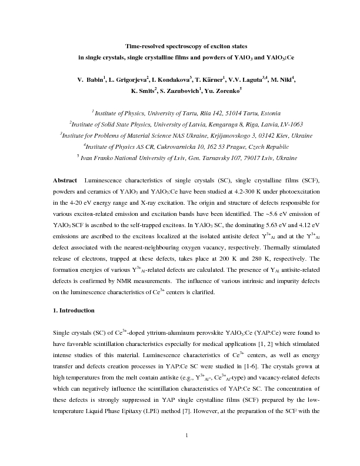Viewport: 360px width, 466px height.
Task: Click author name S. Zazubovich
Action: [x=182, y=91]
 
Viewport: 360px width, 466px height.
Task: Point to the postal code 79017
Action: [x=236, y=158]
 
